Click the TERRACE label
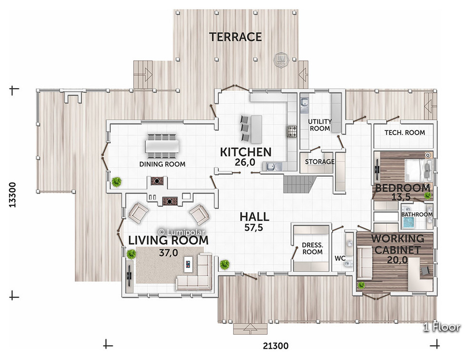tap(235, 37)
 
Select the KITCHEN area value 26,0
tap(245, 162)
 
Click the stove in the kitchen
tap(291, 131)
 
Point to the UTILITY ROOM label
tap(320, 125)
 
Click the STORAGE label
tap(320, 162)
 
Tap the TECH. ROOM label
tap(404, 133)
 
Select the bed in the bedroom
tap(419, 170)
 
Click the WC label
tap(340, 259)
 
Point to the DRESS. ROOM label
tap(313, 249)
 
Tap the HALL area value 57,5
tap(254, 228)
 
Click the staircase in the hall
tap(299, 184)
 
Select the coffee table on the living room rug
tap(188, 264)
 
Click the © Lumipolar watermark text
tap(181, 232)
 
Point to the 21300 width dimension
tap(276, 346)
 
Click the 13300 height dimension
tap(12, 195)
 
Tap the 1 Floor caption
tap(442, 327)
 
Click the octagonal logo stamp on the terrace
tap(281, 59)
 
